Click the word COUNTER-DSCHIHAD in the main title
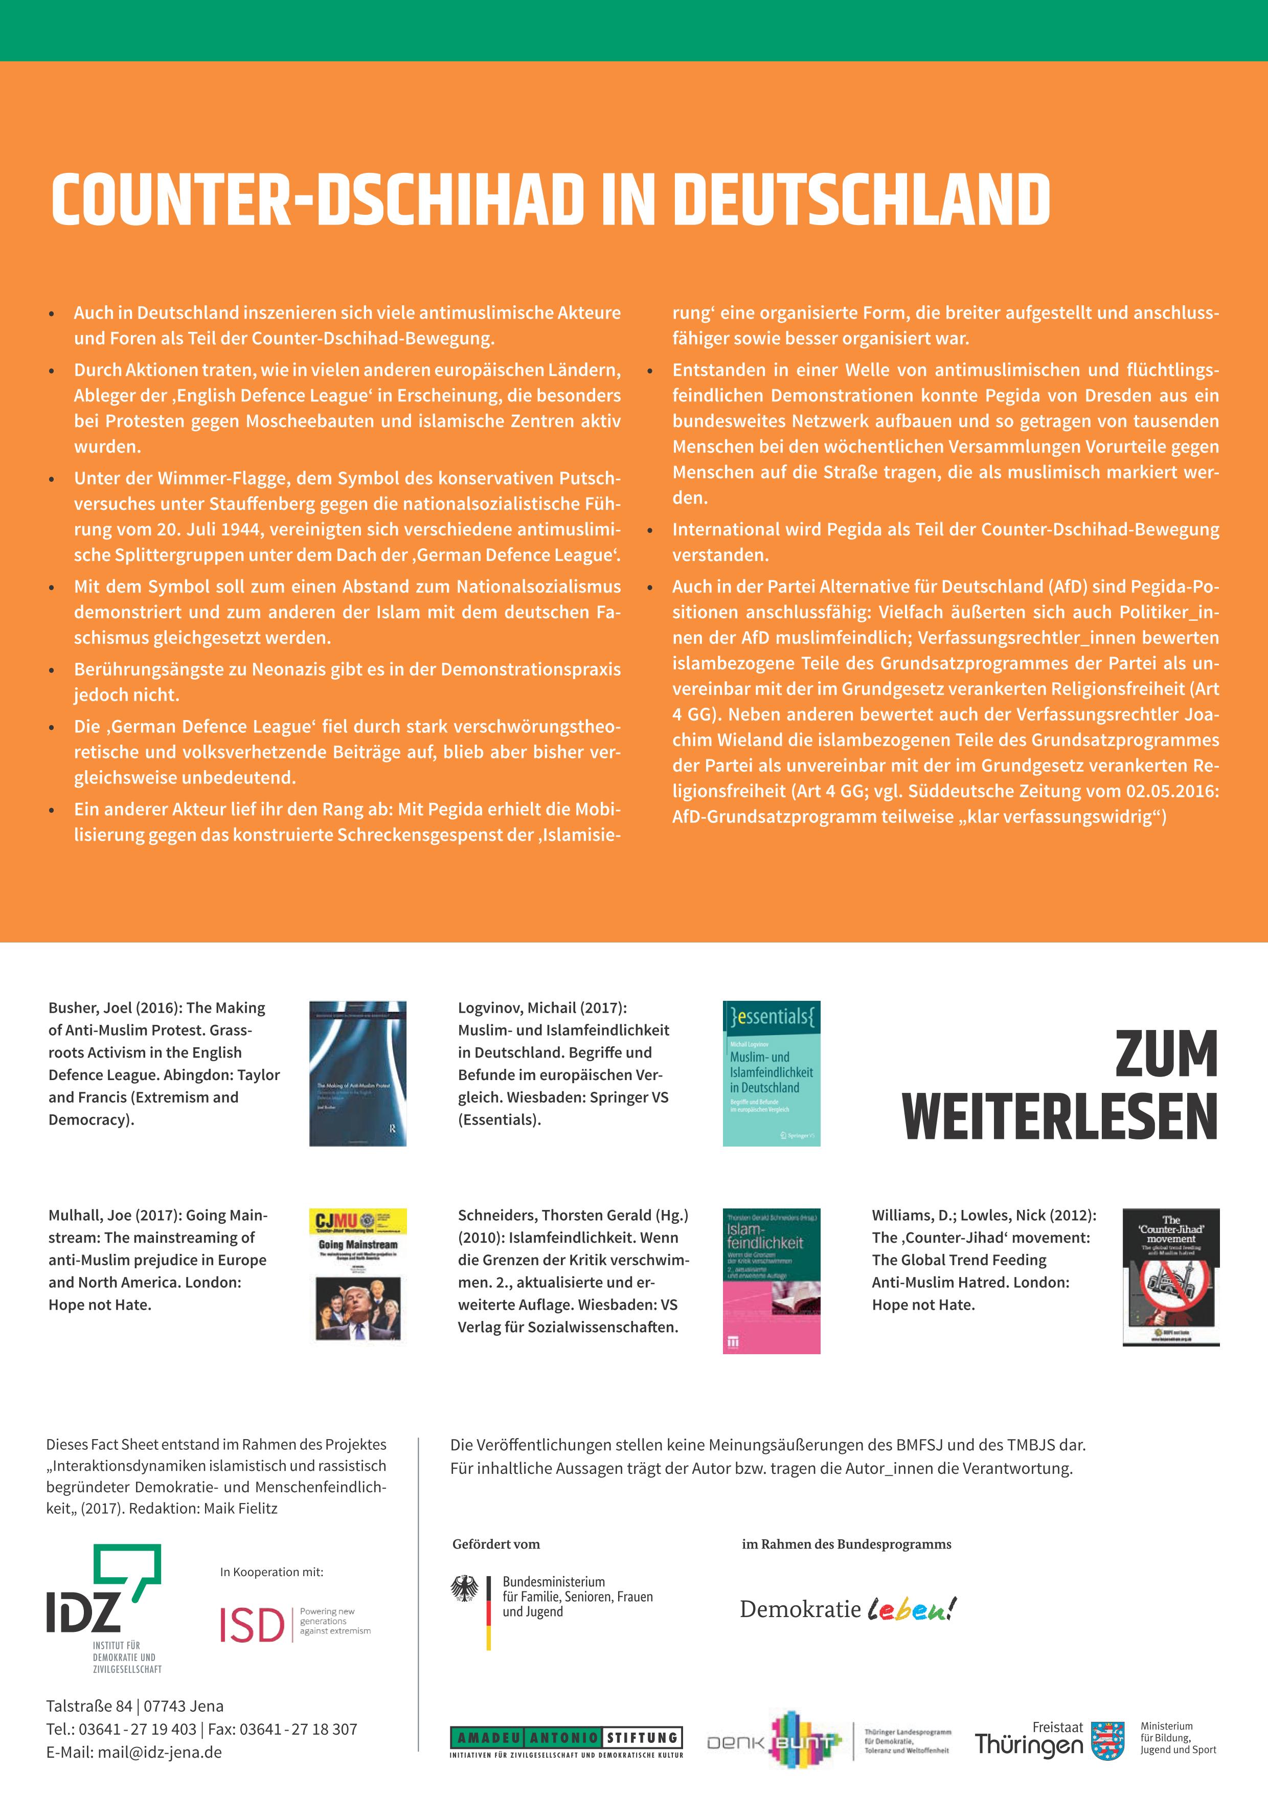317,199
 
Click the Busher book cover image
358,1073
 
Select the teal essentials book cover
771,1073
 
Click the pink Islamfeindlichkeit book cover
771,1280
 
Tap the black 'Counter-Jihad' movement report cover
1170,1277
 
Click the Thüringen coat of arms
1107,1741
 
